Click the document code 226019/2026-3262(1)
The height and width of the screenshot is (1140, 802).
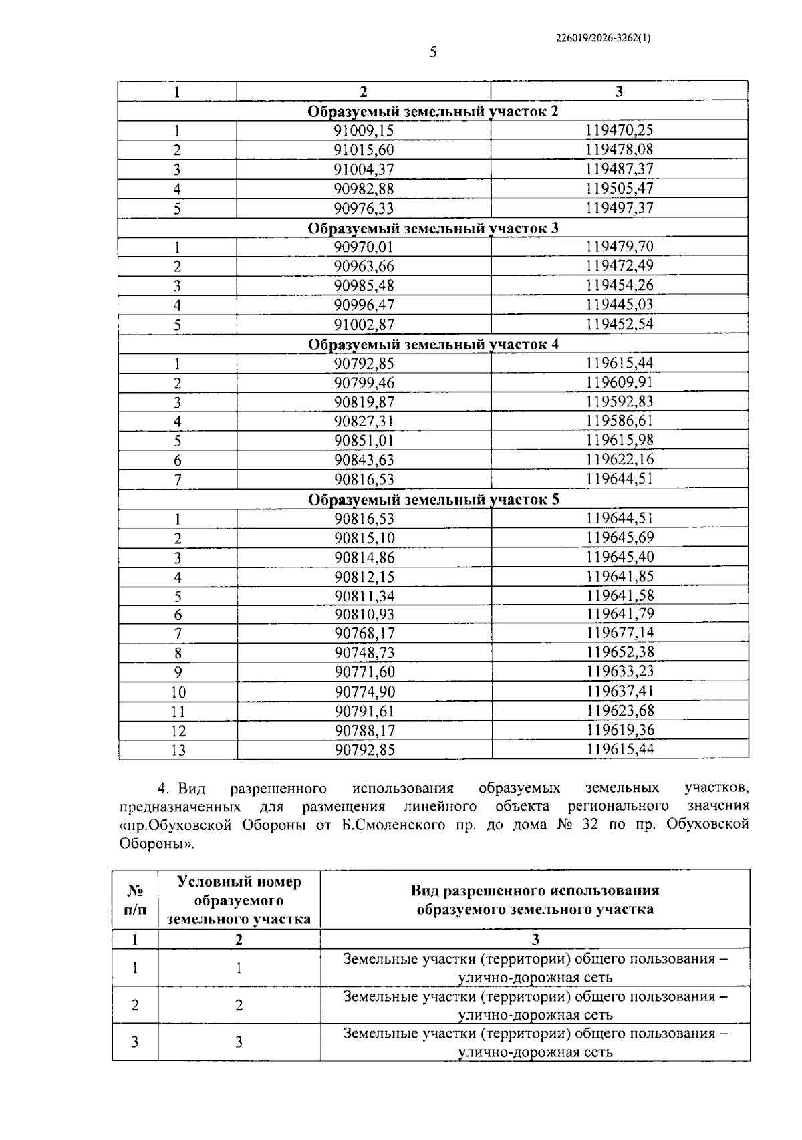[603, 38]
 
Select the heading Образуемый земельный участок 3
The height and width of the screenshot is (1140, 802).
[433, 228]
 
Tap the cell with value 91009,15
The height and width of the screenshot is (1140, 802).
[364, 130]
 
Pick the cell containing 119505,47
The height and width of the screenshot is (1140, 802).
[620, 188]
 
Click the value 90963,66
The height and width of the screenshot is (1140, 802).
[364, 267]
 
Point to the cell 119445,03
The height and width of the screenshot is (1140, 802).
[620, 305]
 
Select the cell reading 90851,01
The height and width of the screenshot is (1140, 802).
[364, 440]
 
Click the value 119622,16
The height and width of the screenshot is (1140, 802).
[620, 460]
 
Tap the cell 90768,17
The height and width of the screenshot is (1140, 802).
[364, 633]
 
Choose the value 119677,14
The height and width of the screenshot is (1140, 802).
[620, 633]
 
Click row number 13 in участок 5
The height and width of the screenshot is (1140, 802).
[178, 750]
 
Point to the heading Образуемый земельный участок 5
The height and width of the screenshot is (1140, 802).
[433, 500]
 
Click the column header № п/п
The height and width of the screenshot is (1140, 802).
[135, 900]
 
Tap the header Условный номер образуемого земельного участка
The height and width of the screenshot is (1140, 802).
[239, 900]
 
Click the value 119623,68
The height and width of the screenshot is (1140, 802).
[620, 711]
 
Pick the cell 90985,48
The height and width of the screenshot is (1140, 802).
[364, 286]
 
